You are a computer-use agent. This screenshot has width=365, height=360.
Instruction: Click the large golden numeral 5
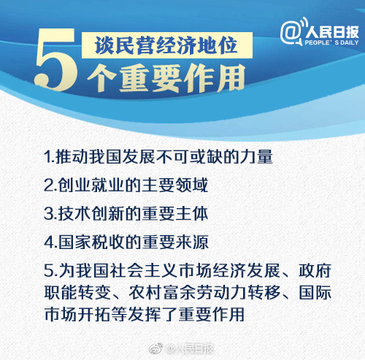(x=56, y=61)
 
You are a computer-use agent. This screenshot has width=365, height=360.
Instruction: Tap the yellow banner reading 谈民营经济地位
(x=167, y=45)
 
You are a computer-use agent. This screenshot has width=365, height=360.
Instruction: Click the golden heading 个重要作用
(x=166, y=78)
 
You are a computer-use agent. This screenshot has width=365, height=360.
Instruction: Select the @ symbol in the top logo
(x=291, y=32)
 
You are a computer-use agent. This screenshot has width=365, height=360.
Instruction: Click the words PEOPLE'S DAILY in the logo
(x=331, y=42)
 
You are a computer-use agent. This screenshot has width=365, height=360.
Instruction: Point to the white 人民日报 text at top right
(x=332, y=31)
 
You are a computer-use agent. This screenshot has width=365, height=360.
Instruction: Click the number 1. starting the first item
(x=49, y=156)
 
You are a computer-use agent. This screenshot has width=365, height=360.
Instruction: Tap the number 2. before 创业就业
(x=50, y=185)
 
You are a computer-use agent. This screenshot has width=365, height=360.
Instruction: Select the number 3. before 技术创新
(x=50, y=214)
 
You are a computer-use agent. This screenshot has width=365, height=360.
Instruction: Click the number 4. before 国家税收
(x=50, y=242)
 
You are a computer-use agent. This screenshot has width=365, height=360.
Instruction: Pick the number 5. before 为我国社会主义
(x=50, y=271)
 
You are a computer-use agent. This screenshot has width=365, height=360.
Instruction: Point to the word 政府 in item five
(x=315, y=271)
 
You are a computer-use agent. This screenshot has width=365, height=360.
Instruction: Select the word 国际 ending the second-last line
(x=315, y=292)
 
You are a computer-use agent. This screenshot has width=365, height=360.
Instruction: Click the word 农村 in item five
(x=145, y=292)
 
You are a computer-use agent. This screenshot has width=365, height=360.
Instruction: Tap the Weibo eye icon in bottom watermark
(x=156, y=348)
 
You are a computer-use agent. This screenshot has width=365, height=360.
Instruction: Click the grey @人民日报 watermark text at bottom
(x=190, y=348)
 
